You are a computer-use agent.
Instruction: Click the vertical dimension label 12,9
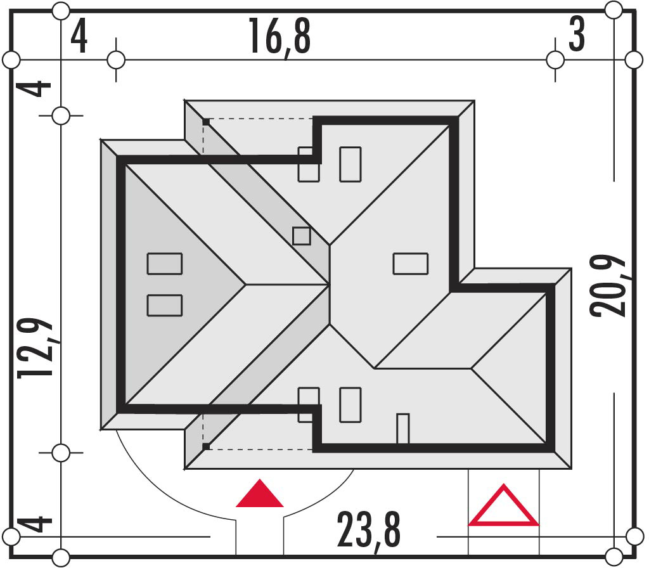[35, 349]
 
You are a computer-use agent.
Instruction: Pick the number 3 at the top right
[577, 34]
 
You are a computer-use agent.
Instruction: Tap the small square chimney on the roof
[301, 236]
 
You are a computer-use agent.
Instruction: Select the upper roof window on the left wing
[165, 264]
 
